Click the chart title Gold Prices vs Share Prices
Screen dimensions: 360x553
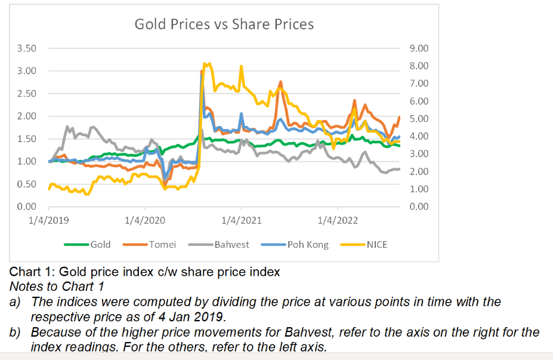(x=224, y=24)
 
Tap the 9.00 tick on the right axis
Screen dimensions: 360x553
(x=419, y=48)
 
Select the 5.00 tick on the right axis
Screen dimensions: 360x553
(x=419, y=119)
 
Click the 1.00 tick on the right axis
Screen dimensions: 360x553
(x=419, y=189)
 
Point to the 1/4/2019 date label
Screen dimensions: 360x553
(x=49, y=220)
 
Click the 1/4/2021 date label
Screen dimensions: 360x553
(x=242, y=220)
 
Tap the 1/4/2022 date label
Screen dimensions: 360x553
(x=338, y=220)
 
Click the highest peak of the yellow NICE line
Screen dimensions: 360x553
(x=206, y=63)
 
